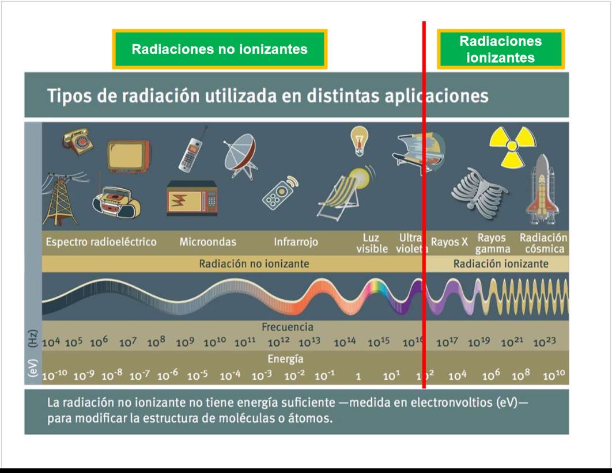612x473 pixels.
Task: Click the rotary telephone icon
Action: click(x=78, y=142)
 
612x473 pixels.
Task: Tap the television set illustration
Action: click(x=129, y=157)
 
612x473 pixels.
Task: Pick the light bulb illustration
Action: click(x=359, y=140)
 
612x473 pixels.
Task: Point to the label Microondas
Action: click(x=207, y=242)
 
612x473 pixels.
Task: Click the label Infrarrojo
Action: click(x=296, y=242)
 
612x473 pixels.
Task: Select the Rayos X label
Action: click(x=449, y=242)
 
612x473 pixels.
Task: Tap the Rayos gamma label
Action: click(x=493, y=243)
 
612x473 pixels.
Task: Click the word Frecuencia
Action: click(x=287, y=327)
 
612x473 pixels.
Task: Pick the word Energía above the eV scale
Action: click(x=285, y=359)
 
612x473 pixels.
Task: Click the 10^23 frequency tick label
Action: click(x=545, y=342)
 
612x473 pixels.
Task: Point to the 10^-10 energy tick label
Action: click(x=54, y=375)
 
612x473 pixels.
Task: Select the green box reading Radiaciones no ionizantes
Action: click(x=220, y=49)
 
